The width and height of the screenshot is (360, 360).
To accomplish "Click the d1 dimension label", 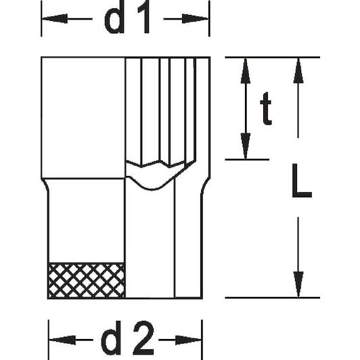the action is click(127, 16).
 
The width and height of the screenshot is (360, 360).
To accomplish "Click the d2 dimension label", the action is click(127, 338).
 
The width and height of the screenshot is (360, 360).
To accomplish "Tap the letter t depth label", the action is click(266, 108).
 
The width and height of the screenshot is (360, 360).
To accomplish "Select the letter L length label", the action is click(301, 181).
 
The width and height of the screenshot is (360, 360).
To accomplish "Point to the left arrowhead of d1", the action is click(55, 18).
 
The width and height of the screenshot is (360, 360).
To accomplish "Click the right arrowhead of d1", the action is click(196, 18).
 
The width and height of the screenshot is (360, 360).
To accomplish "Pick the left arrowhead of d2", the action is click(62, 340).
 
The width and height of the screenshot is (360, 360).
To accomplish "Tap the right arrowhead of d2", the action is click(189, 340).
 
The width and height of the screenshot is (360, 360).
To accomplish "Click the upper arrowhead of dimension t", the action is click(246, 70).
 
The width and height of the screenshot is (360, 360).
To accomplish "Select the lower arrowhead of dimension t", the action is click(246, 146).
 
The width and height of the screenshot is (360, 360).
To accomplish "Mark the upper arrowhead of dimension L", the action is click(298, 70).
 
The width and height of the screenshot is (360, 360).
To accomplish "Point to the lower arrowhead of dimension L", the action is click(298, 284).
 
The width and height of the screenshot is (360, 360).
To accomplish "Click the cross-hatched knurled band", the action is click(87, 280).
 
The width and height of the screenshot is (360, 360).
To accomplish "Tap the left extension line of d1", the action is click(41, 18).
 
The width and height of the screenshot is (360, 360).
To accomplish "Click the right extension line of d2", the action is click(202, 340).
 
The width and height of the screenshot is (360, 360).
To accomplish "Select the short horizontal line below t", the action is click(247, 159).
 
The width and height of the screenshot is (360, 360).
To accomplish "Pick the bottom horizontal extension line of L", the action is click(273, 298).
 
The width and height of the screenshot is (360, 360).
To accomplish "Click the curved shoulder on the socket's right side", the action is click(205, 185).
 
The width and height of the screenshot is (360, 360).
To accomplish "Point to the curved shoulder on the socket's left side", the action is click(45, 185).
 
